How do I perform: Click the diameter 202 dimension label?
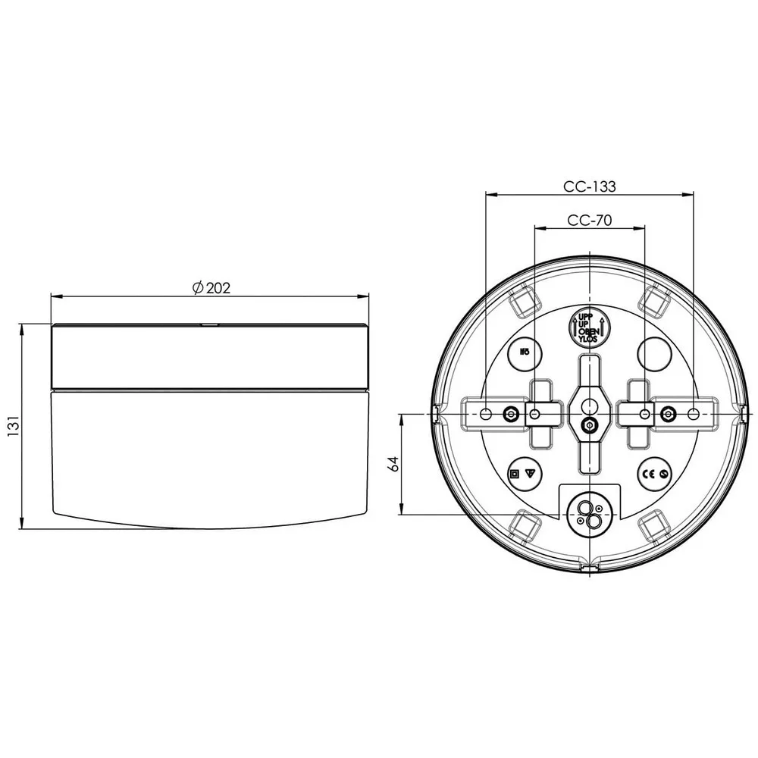click(x=211, y=287)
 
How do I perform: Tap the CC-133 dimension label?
click(x=589, y=186)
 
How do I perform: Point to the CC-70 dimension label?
click(x=589, y=221)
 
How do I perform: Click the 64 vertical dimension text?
click(x=393, y=464)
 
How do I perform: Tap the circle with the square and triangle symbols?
click(x=525, y=474)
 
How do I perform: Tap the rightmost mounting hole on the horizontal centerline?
click(x=694, y=414)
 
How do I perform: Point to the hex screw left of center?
click(x=511, y=414)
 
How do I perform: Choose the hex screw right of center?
click(x=668, y=414)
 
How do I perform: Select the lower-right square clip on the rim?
click(x=654, y=525)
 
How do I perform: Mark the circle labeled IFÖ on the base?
click(x=525, y=352)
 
